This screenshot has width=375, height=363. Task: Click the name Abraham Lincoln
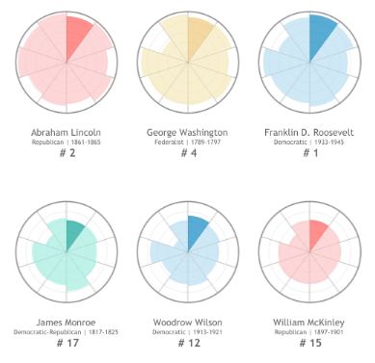pos(66,131)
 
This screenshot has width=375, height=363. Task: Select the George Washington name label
pos(187,131)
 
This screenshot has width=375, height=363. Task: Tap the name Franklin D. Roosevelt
pos(309,131)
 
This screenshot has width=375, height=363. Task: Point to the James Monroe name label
pos(66,321)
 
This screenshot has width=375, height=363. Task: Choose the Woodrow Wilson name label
pos(187,321)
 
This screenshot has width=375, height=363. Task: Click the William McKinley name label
pos(309,321)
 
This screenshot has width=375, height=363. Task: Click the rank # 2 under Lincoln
pos(66,153)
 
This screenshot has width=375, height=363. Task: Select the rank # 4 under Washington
pos(187,153)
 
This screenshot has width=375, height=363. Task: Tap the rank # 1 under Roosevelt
pos(309,153)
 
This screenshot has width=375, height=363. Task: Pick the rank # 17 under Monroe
pos(66,343)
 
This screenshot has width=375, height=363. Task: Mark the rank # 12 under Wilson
pos(187,343)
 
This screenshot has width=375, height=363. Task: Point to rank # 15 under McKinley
pos(309,343)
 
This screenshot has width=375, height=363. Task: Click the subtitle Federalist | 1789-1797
pos(187,142)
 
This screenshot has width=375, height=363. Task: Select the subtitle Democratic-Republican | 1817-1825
pos(66,331)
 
